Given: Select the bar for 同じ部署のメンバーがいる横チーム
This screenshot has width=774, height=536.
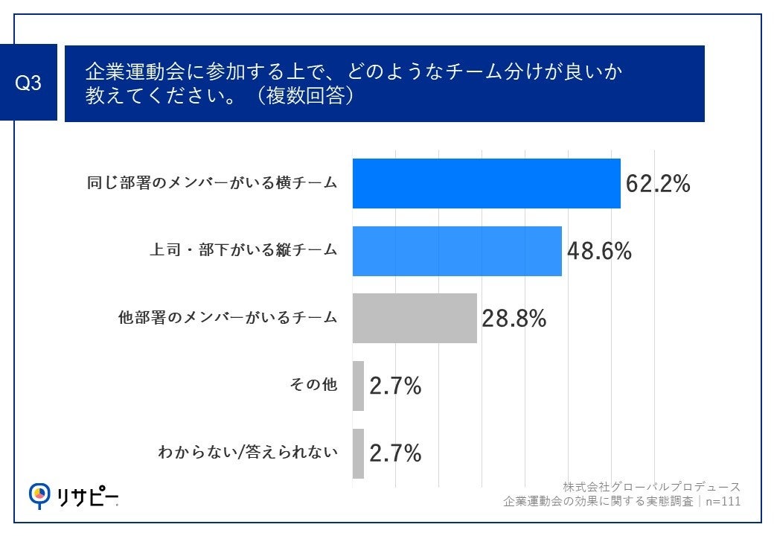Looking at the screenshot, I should (486, 184).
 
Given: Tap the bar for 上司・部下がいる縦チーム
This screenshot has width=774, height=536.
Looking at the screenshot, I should (456, 251).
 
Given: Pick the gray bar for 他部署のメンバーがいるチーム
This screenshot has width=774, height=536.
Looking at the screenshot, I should (414, 318).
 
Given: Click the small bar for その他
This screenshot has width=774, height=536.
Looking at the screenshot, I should (358, 386).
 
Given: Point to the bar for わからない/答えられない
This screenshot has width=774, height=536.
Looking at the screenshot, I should (358, 453).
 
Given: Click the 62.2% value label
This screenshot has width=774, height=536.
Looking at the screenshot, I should (658, 184).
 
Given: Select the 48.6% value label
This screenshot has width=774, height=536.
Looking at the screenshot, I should (599, 251).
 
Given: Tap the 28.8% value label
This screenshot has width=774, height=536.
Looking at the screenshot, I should (514, 319).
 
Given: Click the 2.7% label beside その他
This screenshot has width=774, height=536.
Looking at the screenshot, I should (395, 386).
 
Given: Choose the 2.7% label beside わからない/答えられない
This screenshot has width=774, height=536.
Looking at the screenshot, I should (395, 453).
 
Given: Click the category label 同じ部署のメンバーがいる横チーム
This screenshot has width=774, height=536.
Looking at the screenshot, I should (212, 184).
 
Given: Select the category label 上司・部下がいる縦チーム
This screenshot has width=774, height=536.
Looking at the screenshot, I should (243, 251).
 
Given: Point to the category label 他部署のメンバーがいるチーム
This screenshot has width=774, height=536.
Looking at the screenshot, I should (228, 318).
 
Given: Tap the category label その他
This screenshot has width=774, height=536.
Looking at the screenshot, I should (313, 386).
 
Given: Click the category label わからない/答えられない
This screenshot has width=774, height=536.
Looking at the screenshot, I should (249, 452).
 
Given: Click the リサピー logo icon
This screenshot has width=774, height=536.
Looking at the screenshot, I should (39, 494).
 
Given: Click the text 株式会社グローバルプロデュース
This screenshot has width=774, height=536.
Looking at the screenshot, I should (651, 487).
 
